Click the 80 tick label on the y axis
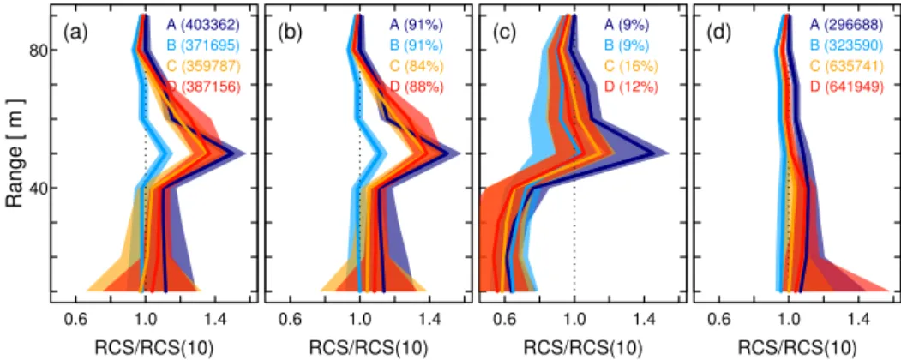coord(36,51)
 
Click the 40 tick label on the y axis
coord(36,189)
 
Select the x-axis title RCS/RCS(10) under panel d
coord(797,347)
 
